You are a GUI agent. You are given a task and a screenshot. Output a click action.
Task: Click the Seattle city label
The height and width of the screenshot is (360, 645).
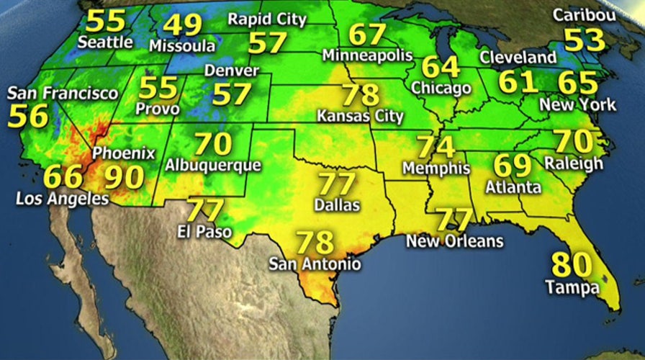click(104, 42)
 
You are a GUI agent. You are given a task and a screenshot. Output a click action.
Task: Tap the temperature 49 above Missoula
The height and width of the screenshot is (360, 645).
click(183, 24)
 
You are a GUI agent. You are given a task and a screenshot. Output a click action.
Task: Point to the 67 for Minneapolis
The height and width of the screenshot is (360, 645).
click(367, 34)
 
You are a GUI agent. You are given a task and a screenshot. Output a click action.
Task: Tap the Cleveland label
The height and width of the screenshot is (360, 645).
click(518, 57)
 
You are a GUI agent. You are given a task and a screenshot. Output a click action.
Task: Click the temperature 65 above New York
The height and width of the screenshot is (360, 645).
click(577, 81)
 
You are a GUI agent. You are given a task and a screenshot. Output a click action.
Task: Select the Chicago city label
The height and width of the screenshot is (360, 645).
click(441, 88)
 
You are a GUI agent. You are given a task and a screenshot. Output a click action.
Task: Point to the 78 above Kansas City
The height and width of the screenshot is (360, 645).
click(361, 95)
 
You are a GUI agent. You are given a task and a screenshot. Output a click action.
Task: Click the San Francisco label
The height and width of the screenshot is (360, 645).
click(63, 94)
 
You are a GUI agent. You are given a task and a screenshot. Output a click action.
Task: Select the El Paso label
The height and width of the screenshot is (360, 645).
click(202, 232)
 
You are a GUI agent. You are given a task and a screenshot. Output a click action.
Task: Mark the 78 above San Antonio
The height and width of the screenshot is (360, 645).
click(315, 241)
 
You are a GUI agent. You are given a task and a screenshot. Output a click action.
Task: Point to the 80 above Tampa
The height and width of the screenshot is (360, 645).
click(571, 265)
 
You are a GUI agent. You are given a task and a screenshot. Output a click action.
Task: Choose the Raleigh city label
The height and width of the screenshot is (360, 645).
click(574, 163)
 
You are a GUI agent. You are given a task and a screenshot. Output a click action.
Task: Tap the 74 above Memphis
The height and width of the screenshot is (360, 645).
click(436, 147)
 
